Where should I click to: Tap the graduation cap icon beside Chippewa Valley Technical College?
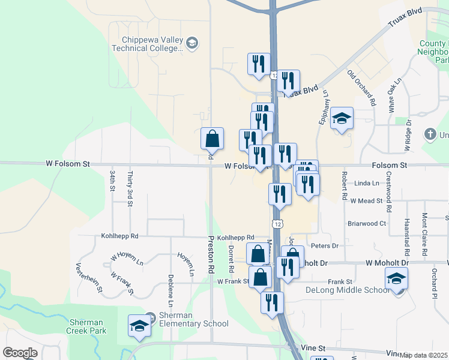(192, 43)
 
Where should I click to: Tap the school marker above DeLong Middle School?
(396, 279)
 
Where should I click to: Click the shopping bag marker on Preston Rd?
(212, 139)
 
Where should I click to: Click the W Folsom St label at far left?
(68, 163)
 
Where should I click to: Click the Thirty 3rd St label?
(130, 189)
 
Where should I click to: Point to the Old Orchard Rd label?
(361, 88)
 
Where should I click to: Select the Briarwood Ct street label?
(366, 223)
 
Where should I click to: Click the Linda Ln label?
(367, 183)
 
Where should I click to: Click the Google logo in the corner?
(20, 353)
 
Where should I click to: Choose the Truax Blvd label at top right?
(405, 20)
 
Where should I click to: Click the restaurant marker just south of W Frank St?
(272, 303)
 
